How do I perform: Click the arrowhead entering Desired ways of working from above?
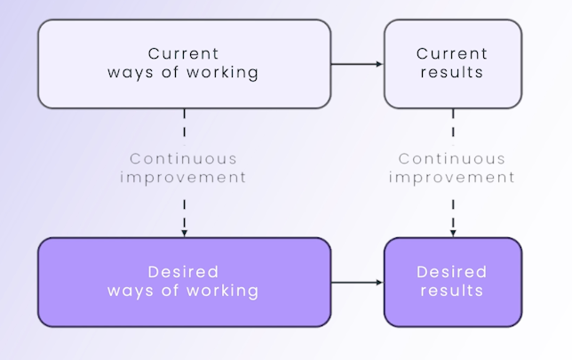(x=184, y=233)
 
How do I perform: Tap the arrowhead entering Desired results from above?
(x=452, y=233)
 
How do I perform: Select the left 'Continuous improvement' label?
(x=184, y=168)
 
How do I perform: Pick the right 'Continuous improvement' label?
(x=453, y=168)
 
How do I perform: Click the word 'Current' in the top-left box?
(x=184, y=54)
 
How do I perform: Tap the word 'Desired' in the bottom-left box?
(x=184, y=272)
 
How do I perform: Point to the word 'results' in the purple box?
(x=452, y=292)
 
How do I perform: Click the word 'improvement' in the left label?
(x=184, y=177)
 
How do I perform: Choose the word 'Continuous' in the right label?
(x=453, y=159)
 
